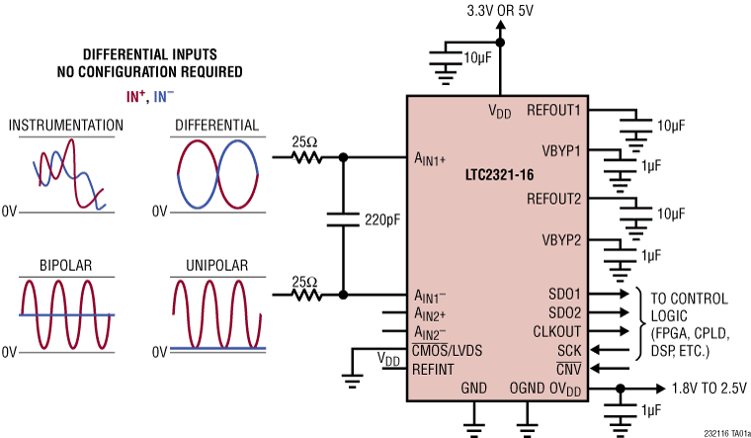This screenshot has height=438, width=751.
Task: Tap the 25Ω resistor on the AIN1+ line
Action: tap(307, 156)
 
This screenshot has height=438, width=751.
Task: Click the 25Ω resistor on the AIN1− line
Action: tap(307, 294)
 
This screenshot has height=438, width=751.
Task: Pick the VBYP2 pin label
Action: tap(560, 239)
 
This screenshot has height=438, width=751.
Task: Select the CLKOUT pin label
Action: tap(556, 331)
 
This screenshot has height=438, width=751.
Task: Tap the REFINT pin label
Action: tap(434, 369)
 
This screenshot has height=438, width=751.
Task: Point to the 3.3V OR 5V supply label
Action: tap(499, 11)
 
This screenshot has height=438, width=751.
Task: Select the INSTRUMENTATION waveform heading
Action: tap(65, 126)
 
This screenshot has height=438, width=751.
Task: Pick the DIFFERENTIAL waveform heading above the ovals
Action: tap(215, 126)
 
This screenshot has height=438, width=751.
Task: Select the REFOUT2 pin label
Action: tap(554, 197)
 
